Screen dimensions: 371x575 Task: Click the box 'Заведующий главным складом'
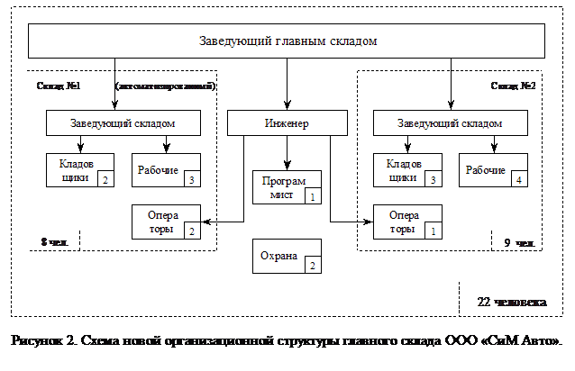pos(287,41)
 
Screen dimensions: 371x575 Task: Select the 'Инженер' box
pos(287,122)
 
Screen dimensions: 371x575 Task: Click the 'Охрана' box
pos(287,256)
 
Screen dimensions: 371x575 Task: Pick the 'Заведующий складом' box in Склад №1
pos(123,122)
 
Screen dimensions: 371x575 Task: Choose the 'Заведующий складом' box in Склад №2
pos(451,122)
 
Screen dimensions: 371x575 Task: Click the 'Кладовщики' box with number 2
pos(79,170)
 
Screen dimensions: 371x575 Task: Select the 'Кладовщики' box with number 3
pos(407,170)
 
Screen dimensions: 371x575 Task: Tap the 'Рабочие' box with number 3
pos(166,170)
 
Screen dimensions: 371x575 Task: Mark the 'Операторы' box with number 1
pos(407,222)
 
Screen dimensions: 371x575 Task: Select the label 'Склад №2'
pos(514,86)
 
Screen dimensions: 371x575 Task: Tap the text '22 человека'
pos(509,301)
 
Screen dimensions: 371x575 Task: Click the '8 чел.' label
pos(55,241)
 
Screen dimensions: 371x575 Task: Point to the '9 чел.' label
pos(518,242)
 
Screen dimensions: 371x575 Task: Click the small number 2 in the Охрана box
pos(311,265)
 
